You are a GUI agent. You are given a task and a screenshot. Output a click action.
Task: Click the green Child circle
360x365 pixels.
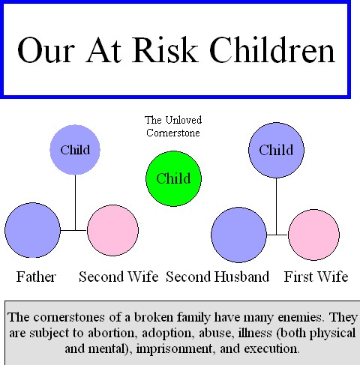point(173,178)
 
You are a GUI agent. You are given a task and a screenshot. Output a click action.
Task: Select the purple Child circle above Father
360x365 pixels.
point(75,149)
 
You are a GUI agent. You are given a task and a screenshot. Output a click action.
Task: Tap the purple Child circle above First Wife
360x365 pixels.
point(275,150)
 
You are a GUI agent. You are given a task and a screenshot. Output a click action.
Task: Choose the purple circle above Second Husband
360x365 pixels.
point(239,235)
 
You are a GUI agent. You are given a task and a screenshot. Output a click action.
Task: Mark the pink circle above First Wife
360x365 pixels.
point(315,235)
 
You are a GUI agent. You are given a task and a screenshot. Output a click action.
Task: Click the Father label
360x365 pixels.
point(36,277)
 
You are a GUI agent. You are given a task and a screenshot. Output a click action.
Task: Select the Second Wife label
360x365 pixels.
point(118,277)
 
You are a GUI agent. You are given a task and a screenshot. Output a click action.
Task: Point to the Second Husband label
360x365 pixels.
point(217,277)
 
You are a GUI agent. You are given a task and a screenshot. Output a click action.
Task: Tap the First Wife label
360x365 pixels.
point(316,277)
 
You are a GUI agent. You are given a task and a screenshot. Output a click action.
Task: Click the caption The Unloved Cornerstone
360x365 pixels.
point(173,126)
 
